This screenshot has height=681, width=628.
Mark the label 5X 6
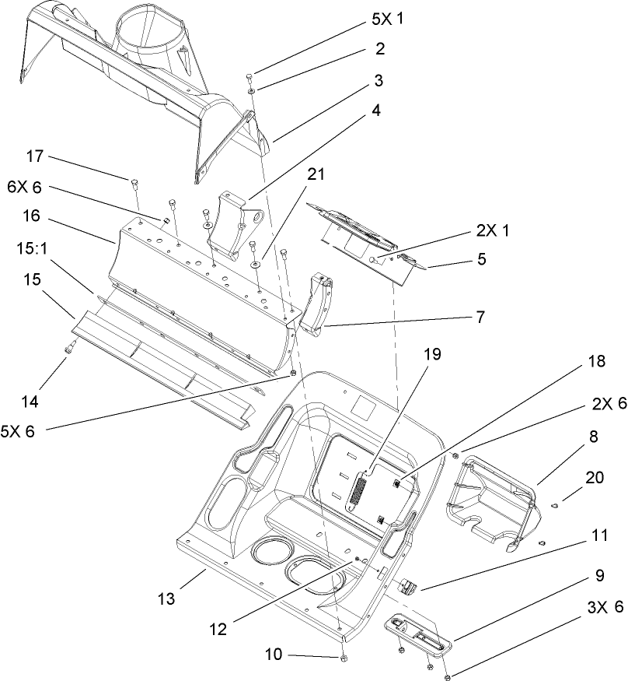20,430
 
